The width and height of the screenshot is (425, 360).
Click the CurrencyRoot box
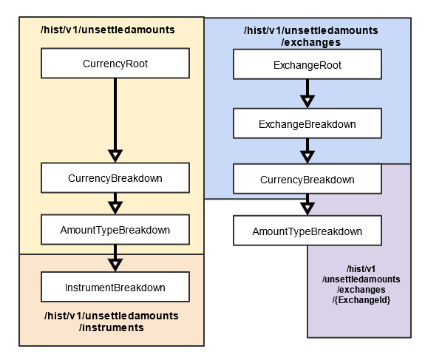click(x=115, y=64)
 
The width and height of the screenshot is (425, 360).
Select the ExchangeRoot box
click(x=307, y=64)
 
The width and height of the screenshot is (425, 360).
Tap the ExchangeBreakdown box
click(x=307, y=123)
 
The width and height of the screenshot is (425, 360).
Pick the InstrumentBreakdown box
click(x=115, y=287)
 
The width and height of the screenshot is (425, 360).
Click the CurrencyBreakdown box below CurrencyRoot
click(x=115, y=178)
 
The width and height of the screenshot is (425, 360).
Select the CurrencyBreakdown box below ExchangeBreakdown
click(x=307, y=179)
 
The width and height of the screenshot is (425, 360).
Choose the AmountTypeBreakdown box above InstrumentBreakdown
click(x=115, y=230)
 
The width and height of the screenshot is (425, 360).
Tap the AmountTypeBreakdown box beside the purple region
click(x=307, y=231)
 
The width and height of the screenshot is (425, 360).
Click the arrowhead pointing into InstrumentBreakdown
click(x=115, y=265)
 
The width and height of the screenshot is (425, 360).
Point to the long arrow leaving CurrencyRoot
click(x=115, y=120)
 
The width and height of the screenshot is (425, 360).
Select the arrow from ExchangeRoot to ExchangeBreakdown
click(x=307, y=94)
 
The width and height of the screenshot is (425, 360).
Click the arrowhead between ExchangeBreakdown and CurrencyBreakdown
click(x=307, y=157)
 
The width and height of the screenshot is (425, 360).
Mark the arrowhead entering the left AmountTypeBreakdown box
click(x=115, y=208)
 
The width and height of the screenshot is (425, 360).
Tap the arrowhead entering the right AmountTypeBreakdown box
click(x=307, y=208)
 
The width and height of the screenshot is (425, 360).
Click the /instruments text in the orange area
click(x=112, y=327)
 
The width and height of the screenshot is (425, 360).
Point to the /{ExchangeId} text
click(x=361, y=300)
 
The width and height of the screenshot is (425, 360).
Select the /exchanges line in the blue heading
click(x=311, y=42)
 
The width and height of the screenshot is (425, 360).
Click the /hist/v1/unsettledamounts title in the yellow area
click(x=108, y=30)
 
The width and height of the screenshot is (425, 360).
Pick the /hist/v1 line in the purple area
click(x=361, y=269)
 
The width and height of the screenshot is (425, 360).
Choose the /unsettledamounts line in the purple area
click(x=361, y=279)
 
